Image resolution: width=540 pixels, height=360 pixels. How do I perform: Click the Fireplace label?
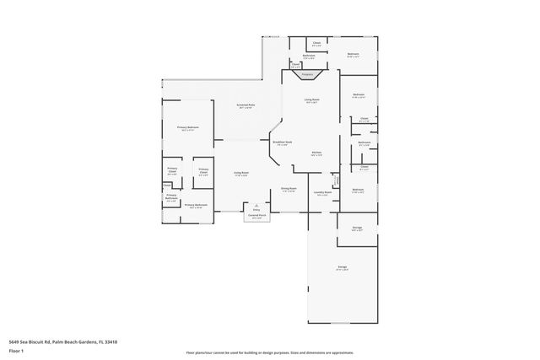(x=307, y=75)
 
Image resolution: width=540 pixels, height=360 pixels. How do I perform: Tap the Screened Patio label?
(x=246, y=105)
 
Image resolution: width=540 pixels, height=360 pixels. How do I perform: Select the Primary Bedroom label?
(x=186, y=127)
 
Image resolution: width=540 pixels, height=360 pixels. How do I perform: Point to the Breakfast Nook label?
(x=283, y=142)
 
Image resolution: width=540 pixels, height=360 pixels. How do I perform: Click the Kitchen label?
(x=316, y=153)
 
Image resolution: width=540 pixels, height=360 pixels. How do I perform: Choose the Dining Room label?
(x=289, y=189)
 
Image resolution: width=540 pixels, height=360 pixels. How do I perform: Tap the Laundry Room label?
(x=322, y=192)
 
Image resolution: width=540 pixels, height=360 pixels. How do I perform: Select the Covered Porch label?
(x=256, y=216)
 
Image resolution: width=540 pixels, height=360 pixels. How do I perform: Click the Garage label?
(x=343, y=267)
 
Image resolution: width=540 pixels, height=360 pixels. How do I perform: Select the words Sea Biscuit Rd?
(x=35, y=341)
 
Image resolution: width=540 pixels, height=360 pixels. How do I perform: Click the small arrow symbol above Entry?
(x=256, y=204)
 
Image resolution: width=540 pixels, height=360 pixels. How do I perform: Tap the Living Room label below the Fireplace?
(x=311, y=99)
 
